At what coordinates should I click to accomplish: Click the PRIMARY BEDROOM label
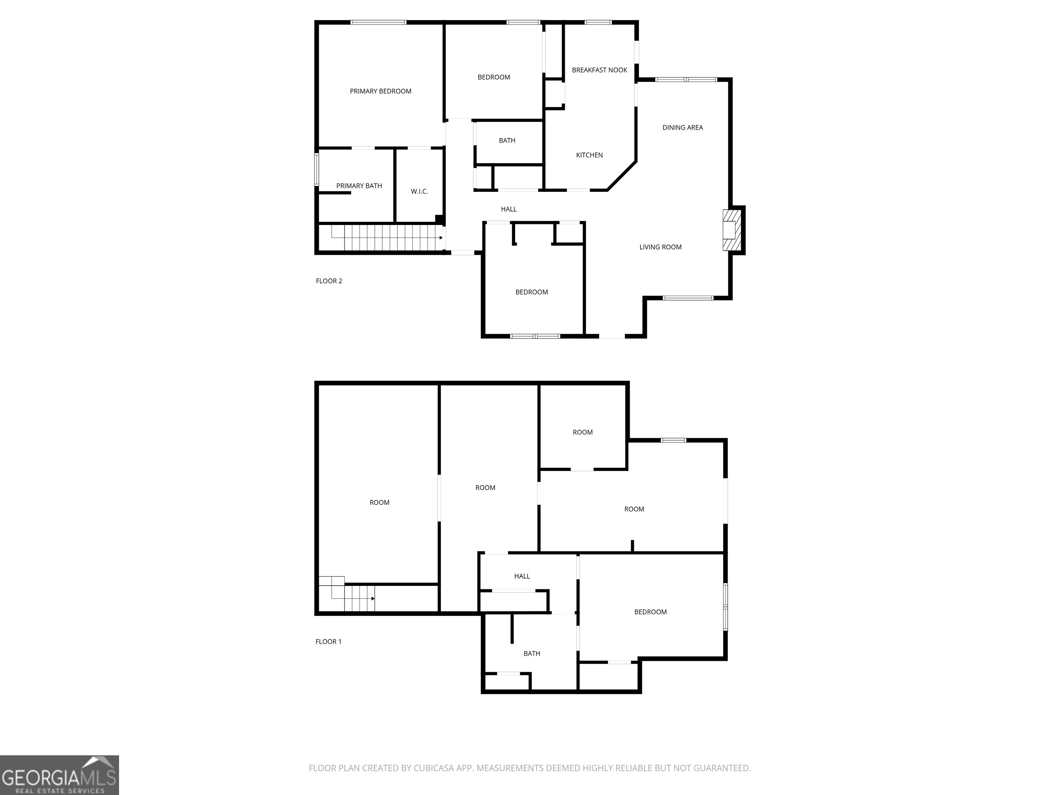[x=381, y=91]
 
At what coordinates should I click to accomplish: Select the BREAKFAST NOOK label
[x=599, y=70]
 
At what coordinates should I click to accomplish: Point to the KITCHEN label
[x=589, y=155]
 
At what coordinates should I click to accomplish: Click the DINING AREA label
[x=683, y=127]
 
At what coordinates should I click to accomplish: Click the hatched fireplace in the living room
[x=732, y=230]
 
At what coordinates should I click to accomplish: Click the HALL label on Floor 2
[x=509, y=209]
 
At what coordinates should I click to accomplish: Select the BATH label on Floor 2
[x=507, y=141]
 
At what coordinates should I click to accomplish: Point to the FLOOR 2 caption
[x=329, y=281]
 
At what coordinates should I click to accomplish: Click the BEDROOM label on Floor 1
[x=650, y=612]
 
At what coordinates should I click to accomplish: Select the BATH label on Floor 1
[x=531, y=654]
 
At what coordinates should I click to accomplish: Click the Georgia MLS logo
[x=59, y=775]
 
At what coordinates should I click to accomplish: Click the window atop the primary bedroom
[x=378, y=22]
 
